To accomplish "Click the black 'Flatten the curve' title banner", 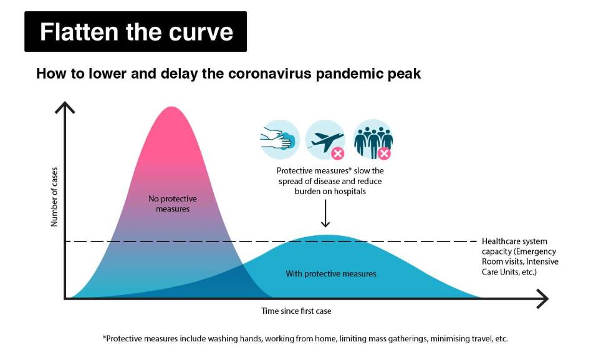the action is click(x=136, y=31).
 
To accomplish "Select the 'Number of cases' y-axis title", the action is click(x=54, y=197).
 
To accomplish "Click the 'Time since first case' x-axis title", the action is click(x=296, y=311).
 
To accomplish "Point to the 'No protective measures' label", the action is click(x=173, y=203).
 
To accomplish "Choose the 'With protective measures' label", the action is click(x=331, y=274).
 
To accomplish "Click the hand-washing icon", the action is click(x=280, y=140).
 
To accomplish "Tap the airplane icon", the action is click(x=325, y=140).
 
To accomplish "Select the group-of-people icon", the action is click(x=373, y=140).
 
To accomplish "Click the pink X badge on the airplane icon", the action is click(x=338, y=153).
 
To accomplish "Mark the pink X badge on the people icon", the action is click(x=385, y=153).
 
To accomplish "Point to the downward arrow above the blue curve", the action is click(x=325, y=213).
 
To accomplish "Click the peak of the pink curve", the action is click(x=171, y=107).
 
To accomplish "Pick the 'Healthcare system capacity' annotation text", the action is click(x=520, y=256).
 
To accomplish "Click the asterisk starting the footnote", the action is click(x=104, y=337).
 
